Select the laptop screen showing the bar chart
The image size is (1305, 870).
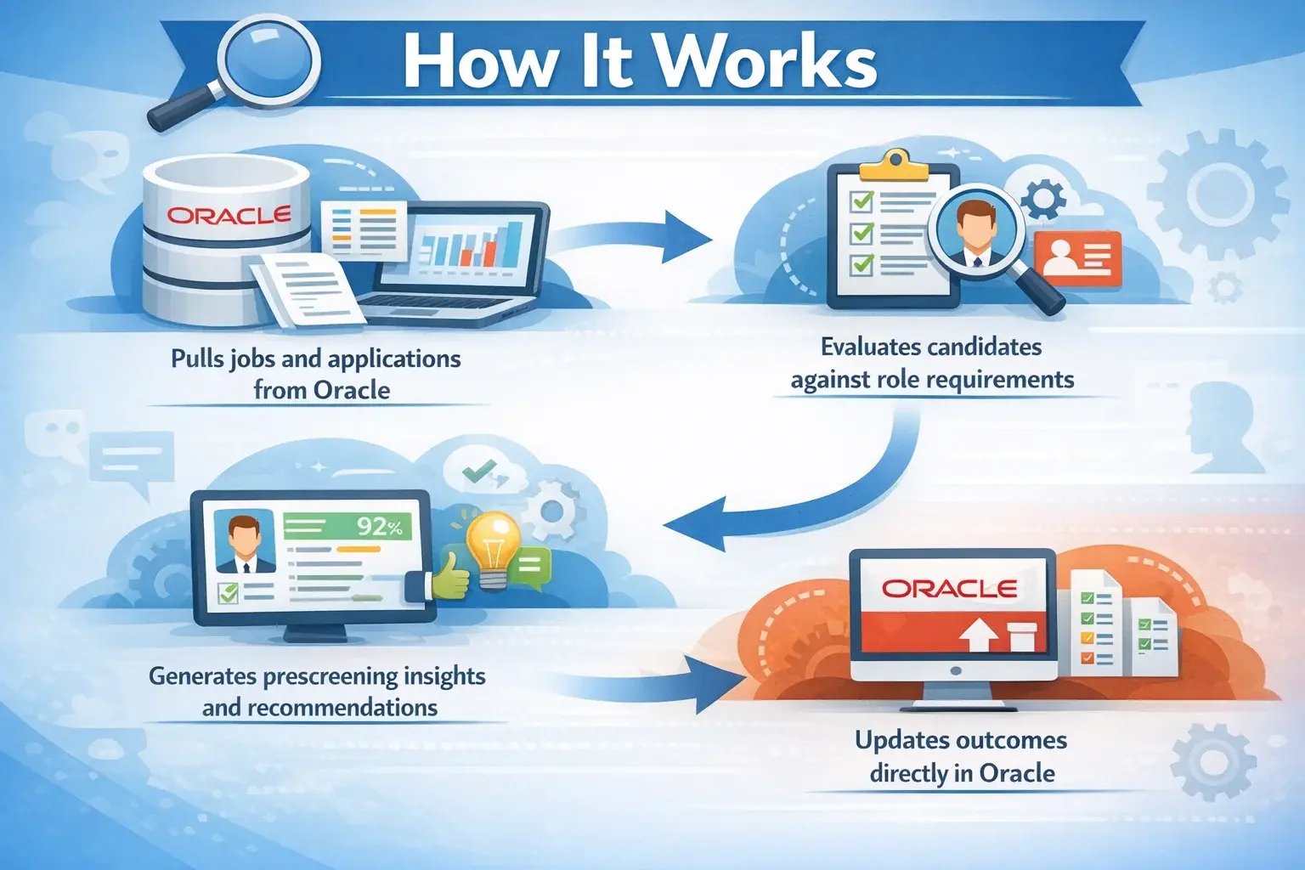pyautogui.click(x=472, y=247)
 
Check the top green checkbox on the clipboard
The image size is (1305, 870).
pyautogui.click(x=861, y=201)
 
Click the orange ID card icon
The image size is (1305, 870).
pyautogui.click(x=1077, y=259)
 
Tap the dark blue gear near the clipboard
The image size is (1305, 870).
pyautogui.click(x=1043, y=199)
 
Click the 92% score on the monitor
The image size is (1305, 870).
pyautogui.click(x=379, y=527)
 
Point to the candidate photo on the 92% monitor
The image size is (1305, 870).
pyautogui.click(x=245, y=541)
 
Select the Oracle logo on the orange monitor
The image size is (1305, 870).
pyautogui.click(x=949, y=588)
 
